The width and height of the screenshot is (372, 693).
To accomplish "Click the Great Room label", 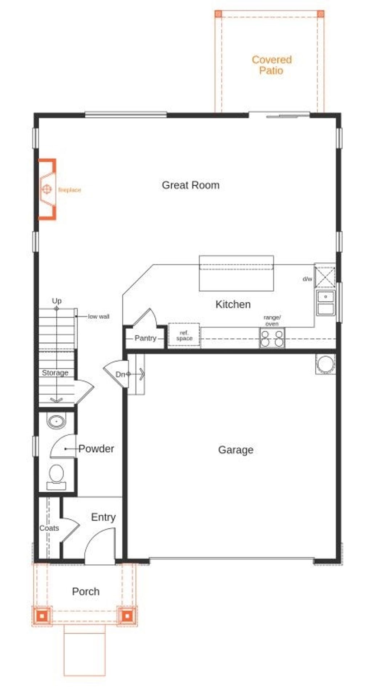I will click(190, 185).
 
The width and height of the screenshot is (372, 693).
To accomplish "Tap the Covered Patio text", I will click(271, 65).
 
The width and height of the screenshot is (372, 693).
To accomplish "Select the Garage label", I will click(235, 450).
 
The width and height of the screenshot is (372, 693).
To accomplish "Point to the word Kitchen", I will click(233, 305).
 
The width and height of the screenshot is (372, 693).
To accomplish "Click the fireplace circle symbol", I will click(46, 189).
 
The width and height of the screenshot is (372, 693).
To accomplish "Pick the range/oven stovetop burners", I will click(272, 338).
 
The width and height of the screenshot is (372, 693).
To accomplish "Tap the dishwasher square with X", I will click(325, 277).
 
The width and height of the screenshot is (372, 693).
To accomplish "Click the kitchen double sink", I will click(325, 303).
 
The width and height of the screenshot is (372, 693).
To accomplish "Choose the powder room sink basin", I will click(56, 422).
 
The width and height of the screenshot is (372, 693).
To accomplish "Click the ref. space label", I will click(184, 335).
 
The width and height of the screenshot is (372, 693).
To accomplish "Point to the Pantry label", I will click(145, 338).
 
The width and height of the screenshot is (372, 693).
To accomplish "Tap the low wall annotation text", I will click(98, 317).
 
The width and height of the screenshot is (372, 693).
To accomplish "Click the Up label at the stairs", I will click(57, 301).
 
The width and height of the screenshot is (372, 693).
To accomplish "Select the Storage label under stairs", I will click(55, 373).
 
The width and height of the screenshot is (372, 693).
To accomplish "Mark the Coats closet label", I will click(49, 528).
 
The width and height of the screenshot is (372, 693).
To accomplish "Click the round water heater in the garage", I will click(325, 364).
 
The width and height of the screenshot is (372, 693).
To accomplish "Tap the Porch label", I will click(86, 592).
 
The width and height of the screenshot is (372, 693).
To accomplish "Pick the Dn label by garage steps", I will click(120, 374).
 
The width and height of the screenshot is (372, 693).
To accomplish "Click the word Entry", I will click(103, 517).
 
